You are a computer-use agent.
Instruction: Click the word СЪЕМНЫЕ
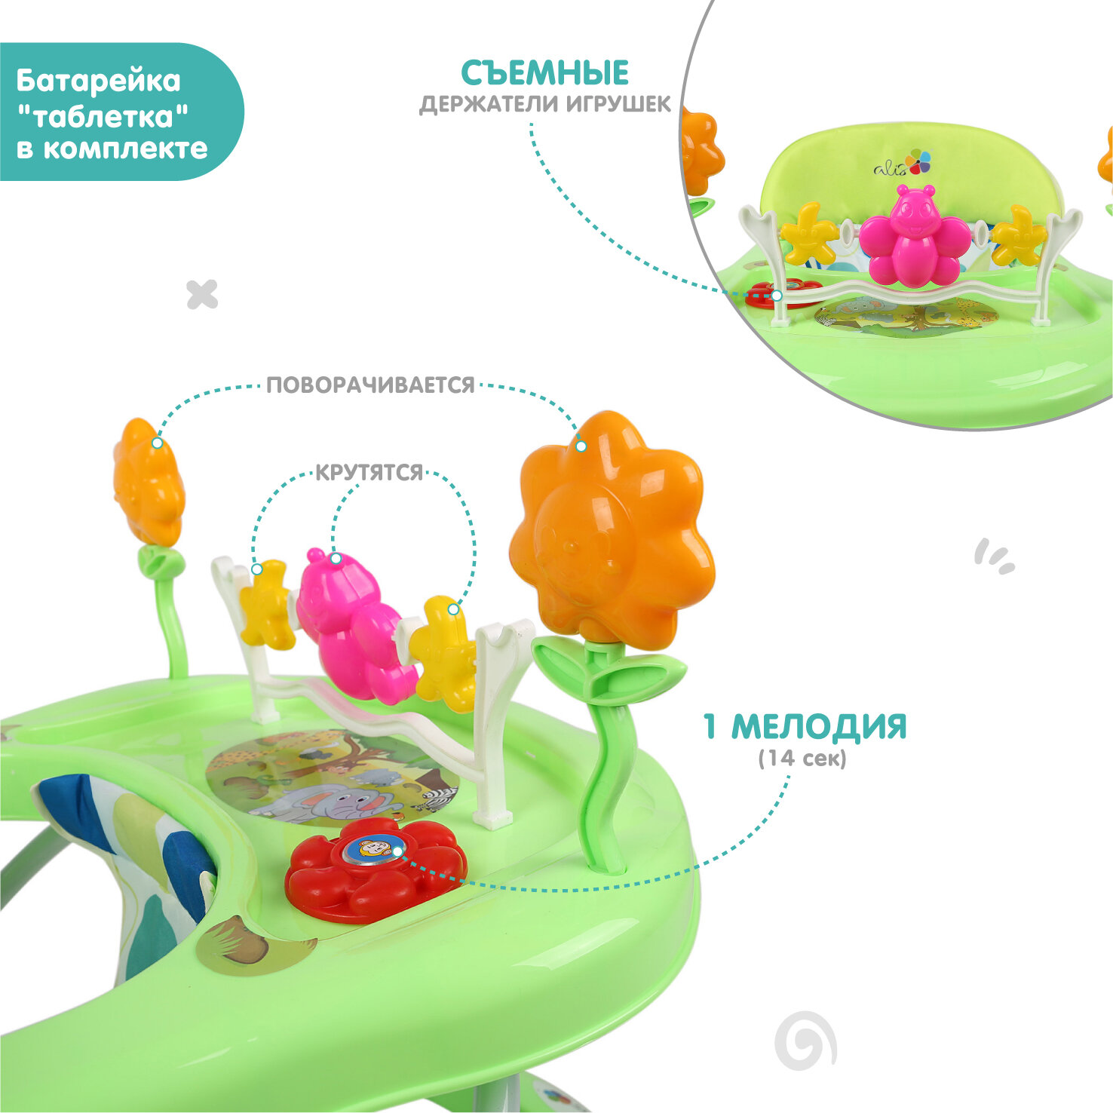point(544,73)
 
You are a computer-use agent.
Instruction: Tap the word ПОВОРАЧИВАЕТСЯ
point(370,385)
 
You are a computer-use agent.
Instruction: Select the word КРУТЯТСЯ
point(369,473)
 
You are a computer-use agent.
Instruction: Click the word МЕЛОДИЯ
point(819,726)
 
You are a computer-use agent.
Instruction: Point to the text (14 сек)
point(802,758)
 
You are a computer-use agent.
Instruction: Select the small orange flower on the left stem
point(149,483)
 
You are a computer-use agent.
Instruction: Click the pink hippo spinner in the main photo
point(351,623)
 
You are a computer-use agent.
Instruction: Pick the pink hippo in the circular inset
point(915,236)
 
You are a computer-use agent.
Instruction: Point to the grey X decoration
point(202,294)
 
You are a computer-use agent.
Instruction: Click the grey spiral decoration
point(805,1041)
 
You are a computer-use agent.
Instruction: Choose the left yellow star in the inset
point(809,234)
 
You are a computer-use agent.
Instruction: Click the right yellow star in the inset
point(1019,236)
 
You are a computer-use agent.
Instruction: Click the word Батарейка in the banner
point(98,81)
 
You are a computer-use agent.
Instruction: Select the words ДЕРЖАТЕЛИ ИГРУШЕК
point(544,104)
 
